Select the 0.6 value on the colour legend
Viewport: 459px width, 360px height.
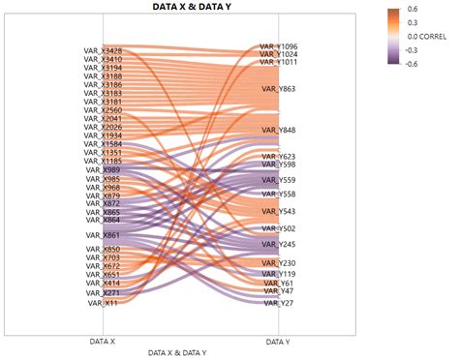(413, 10)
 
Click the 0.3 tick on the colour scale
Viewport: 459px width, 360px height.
(413, 23)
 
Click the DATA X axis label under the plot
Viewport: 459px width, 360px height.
(101, 342)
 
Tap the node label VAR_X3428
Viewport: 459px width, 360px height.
(103, 51)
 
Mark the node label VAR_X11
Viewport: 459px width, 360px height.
(104, 303)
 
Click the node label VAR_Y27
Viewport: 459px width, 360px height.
(280, 303)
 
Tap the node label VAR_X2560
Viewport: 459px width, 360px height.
(103, 110)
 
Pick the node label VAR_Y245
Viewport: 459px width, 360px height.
(280, 245)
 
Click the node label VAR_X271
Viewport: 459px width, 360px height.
(104, 292)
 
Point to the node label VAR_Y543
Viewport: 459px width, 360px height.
(280, 211)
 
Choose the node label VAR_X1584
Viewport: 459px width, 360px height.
(103, 144)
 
